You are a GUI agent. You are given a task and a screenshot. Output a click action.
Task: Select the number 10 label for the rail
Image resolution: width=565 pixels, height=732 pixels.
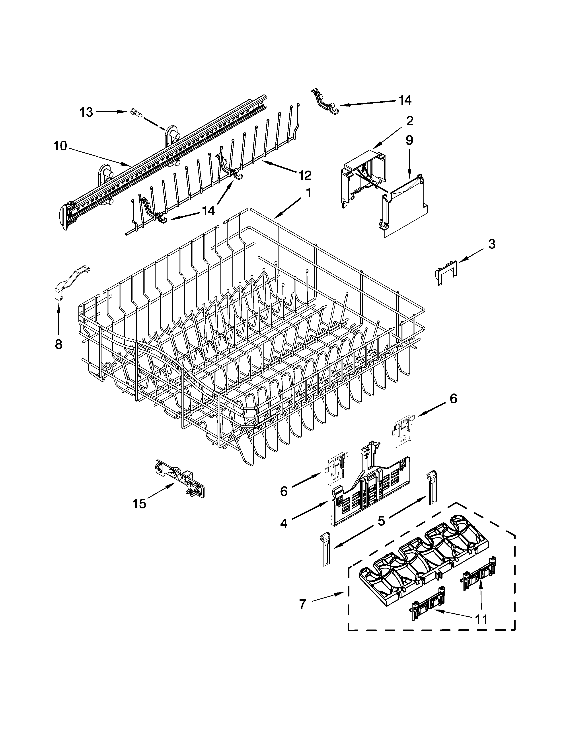tap(60, 146)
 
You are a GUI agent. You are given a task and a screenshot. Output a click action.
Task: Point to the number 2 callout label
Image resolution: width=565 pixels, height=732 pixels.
tap(410, 121)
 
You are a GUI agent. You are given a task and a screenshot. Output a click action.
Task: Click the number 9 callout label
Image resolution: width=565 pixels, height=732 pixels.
tap(409, 140)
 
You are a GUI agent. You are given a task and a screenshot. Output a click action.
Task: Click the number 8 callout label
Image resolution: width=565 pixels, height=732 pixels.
tap(58, 344)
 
